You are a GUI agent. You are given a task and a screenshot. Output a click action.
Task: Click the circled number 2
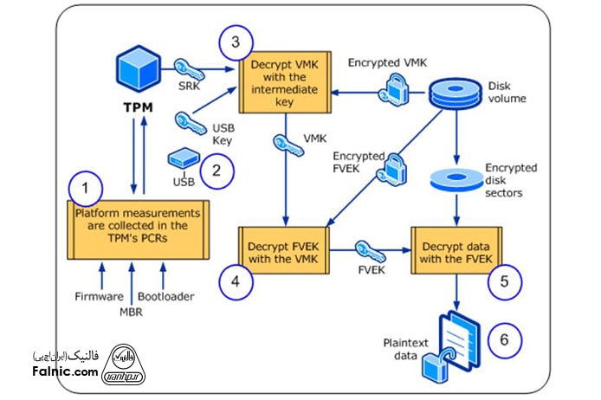click(217, 170)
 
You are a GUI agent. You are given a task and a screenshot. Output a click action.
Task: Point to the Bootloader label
click(165, 297)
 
